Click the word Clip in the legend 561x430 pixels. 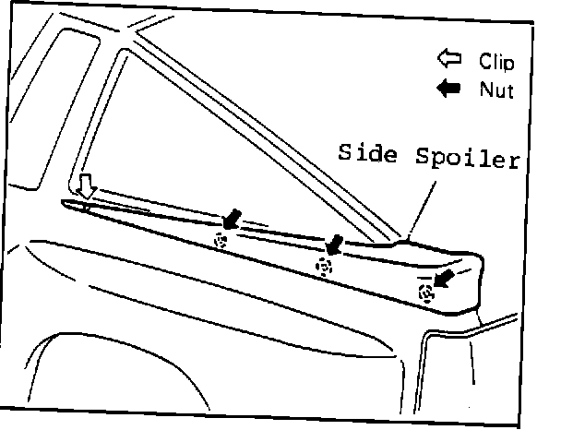pos(496,62)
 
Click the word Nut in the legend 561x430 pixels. pos(495,90)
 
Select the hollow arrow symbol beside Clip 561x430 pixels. pos(449,61)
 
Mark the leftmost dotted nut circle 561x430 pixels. pos(221,241)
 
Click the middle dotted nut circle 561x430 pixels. pos(323,267)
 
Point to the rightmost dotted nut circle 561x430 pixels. pos(425,294)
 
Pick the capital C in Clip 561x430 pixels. pos(483,62)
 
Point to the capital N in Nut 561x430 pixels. pos(484,90)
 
